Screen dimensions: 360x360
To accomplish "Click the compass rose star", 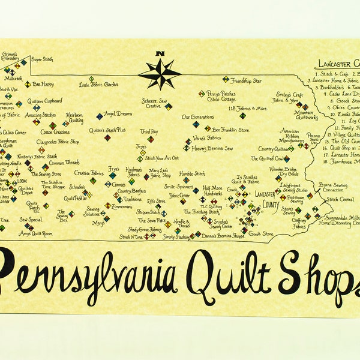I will click(160, 74).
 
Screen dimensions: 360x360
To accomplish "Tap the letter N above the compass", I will click(160, 54).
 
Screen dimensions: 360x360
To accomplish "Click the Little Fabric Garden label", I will click(98, 85).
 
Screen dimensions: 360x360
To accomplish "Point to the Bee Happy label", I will click(43, 84).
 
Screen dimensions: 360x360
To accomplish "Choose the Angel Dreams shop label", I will click(118, 113).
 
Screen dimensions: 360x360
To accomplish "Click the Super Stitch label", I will click(42, 59).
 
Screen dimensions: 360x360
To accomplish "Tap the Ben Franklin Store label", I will click(231, 129).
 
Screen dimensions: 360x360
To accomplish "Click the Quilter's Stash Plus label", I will click(107, 130).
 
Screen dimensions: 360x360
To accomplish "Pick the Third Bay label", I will click(149, 131).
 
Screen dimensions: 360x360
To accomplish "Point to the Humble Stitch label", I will click(192, 173).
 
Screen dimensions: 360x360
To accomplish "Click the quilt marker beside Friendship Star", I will click(226, 79).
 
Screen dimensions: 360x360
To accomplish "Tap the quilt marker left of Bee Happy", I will click(27, 85).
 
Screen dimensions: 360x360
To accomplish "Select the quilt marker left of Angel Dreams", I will click(100, 116).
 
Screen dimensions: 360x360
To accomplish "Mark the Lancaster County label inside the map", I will click(264, 199).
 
